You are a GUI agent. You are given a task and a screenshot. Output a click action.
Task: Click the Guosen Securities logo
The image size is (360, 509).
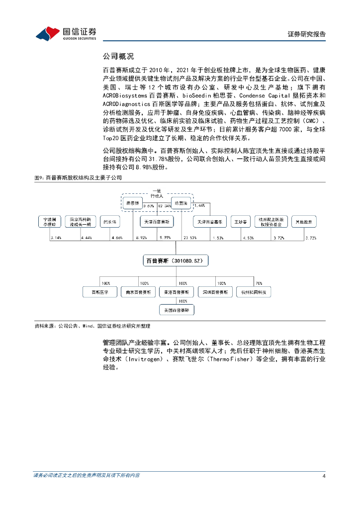[66, 33]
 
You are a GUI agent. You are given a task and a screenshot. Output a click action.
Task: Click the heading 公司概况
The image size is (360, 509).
[118, 57]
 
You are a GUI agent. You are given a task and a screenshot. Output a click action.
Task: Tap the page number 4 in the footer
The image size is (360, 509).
[324, 476]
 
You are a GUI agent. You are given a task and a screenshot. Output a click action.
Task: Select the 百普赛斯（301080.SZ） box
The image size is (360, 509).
[176, 260]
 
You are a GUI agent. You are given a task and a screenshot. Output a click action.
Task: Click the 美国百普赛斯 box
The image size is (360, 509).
[177, 310]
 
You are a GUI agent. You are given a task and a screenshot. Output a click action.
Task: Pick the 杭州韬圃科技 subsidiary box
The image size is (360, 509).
[254, 292]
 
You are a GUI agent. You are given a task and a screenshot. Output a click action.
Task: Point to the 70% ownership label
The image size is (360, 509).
[259, 283]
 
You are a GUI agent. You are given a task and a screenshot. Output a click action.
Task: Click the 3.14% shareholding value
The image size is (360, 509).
[55, 238]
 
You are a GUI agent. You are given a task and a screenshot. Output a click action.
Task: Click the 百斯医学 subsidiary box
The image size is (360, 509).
[99, 292]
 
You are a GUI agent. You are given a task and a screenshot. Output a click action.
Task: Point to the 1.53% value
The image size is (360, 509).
[218, 238]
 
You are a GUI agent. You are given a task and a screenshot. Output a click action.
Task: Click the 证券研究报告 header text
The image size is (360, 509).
[307, 34]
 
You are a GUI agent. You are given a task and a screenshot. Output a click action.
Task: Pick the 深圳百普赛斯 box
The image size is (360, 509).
[215, 292]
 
